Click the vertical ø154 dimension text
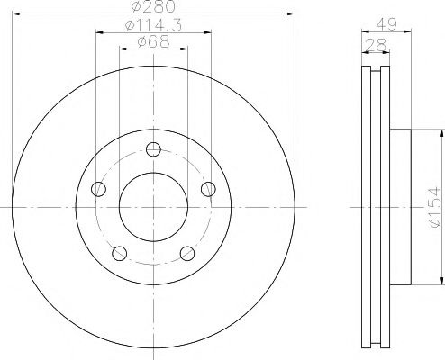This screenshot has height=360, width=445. click(434, 207)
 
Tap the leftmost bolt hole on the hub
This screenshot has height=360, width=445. click(98, 189)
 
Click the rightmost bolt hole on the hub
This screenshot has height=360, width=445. click(208, 189)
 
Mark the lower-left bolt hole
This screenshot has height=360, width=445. click(119, 253)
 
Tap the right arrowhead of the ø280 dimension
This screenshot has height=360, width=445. click(293, 14)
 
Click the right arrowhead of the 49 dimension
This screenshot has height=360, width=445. click(410, 32)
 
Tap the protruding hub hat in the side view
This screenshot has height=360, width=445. click(402, 206)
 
